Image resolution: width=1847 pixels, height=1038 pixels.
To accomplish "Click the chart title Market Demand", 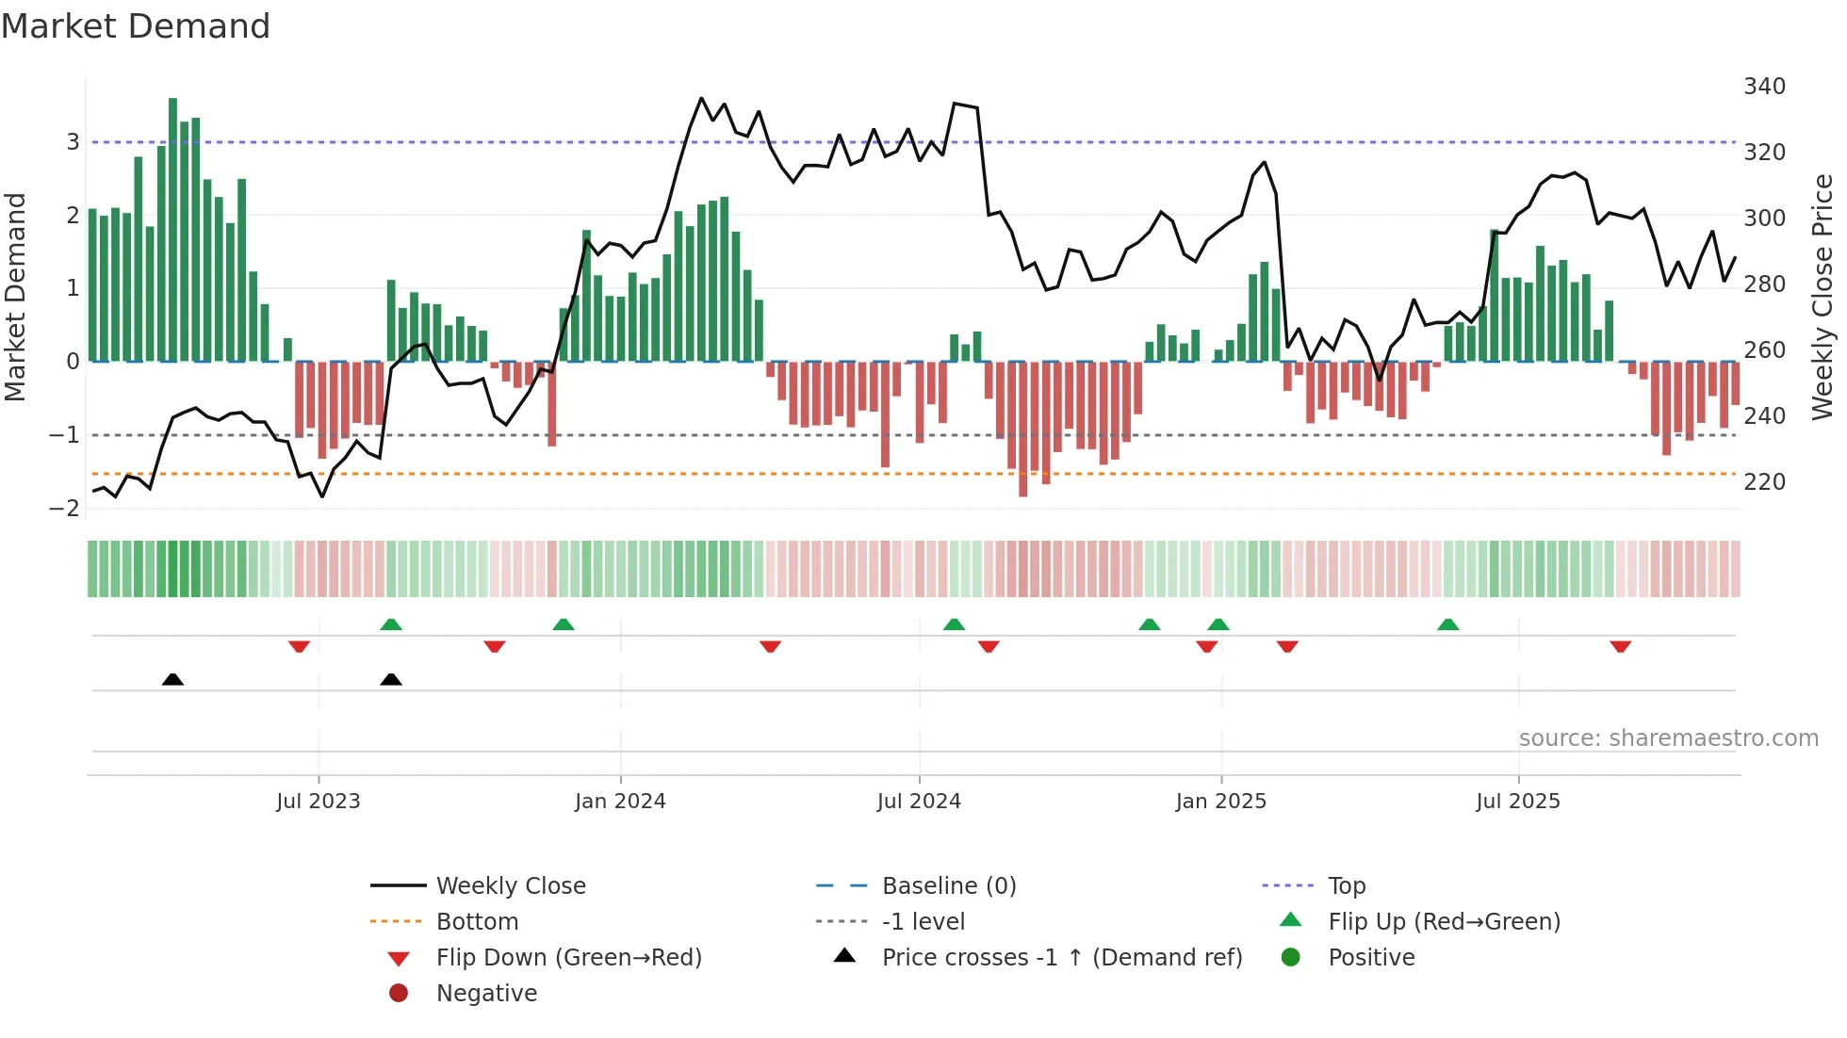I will [136, 26].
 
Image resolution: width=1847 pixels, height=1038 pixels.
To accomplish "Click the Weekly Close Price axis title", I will [1822, 297].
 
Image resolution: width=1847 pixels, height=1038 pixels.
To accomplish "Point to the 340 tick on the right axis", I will [1764, 87].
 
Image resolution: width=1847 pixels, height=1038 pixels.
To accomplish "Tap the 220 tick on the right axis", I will [1764, 482].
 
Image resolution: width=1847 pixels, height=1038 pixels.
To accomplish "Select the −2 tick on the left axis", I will [65, 509].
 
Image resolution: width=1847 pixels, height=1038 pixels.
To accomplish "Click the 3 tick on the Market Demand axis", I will [73, 142].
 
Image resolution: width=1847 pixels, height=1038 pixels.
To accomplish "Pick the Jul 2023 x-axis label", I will [319, 802].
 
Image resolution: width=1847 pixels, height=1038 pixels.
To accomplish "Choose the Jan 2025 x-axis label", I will [1221, 802].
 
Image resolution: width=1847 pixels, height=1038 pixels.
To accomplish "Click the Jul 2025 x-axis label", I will [1518, 802].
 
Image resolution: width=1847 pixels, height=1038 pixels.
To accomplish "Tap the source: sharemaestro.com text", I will [1668, 738].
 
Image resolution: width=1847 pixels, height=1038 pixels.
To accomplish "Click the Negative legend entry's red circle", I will [399, 994].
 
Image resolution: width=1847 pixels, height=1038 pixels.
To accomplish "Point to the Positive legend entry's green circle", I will [1291, 958].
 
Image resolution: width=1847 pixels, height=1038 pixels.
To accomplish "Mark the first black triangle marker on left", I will [172, 679].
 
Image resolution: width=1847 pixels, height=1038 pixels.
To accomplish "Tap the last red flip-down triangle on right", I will [1621, 647].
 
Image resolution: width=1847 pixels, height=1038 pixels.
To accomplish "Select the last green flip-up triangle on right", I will [1448, 624].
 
